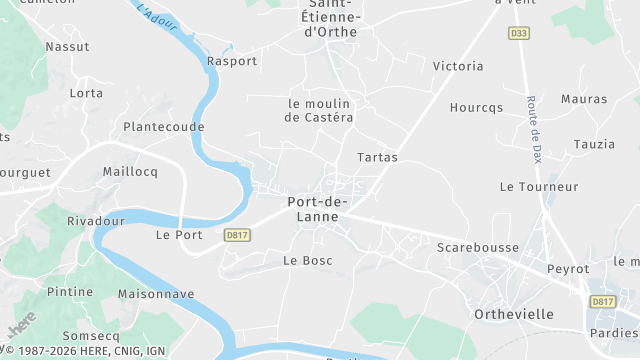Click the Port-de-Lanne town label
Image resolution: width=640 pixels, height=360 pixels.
click(x=317, y=208)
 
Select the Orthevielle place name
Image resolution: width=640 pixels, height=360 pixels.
click(x=513, y=314)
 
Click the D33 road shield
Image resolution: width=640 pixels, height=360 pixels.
click(x=518, y=33)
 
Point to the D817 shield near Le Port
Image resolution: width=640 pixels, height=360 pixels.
click(x=236, y=235)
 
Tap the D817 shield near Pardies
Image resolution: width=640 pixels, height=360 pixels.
click(x=602, y=301)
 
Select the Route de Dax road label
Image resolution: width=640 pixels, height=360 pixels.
click(x=533, y=130)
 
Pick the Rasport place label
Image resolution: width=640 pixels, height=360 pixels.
click(x=232, y=61)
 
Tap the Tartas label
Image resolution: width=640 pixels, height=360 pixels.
click(x=377, y=158)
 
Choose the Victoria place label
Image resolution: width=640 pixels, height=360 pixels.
click(x=458, y=67)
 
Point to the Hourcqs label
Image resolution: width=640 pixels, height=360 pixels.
click(x=477, y=108)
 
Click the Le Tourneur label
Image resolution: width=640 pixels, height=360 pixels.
click(x=539, y=187)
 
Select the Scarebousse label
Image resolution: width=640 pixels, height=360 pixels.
click(x=476, y=246)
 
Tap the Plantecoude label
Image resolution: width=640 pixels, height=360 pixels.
click(x=163, y=127)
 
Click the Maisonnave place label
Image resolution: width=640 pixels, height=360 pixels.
click(x=156, y=295)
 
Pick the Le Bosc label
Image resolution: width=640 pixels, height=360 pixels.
click(x=307, y=261)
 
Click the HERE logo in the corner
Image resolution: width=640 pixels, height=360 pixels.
click(x=20, y=324)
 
